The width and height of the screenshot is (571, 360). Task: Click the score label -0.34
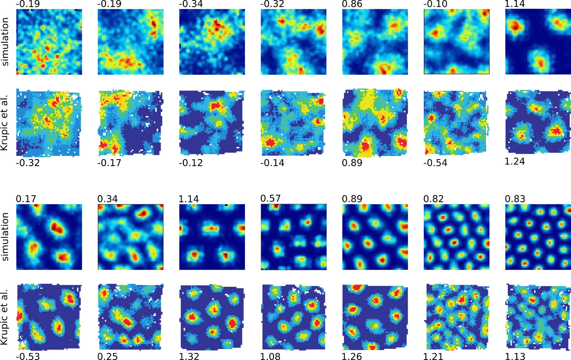pos(191,4)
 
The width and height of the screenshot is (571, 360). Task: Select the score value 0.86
pos(352,4)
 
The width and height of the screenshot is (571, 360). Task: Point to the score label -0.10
pos(435,4)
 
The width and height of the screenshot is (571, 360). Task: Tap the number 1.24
pos(515,162)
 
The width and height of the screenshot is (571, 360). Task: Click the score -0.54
pos(435,163)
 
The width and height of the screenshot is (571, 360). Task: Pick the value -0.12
pos(191,163)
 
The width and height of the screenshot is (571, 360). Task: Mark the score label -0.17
pos(109,163)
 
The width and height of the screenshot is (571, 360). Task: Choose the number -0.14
pos(272,163)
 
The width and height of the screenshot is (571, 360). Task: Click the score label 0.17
pos(26,199)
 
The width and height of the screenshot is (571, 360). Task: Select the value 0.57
pos(270,198)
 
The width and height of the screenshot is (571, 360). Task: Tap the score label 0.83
pos(515,199)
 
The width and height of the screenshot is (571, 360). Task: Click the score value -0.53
pos(28,357)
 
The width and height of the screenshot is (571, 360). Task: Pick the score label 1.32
pos(189,357)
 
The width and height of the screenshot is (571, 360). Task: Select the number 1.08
pos(270,357)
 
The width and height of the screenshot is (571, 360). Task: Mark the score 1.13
pos(515,357)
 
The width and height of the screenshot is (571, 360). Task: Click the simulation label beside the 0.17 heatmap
pos(5,237)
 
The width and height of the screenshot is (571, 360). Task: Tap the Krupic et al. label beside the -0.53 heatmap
pos(5,317)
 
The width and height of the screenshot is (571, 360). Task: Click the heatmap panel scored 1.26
pos(375,317)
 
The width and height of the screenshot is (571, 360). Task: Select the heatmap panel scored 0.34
pos(131,237)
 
